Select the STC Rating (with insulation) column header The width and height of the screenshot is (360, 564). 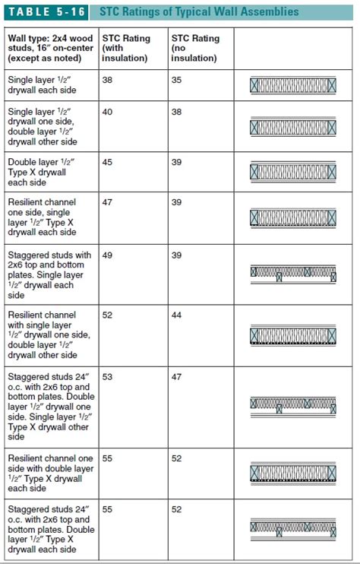point(125,48)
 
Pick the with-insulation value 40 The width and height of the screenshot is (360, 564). point(107,111)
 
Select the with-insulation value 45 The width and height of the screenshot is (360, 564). point(107,162)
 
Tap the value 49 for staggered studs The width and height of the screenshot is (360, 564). point(107,255)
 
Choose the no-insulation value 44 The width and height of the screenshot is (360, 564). point(177,315)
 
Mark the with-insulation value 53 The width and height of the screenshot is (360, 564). point(107,376)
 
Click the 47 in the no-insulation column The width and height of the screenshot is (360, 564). point(177,376)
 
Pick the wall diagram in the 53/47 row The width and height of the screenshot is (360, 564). point(293,404)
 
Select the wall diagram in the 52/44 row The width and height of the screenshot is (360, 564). point(293,335)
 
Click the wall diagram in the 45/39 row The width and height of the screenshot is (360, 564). point(293,173)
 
